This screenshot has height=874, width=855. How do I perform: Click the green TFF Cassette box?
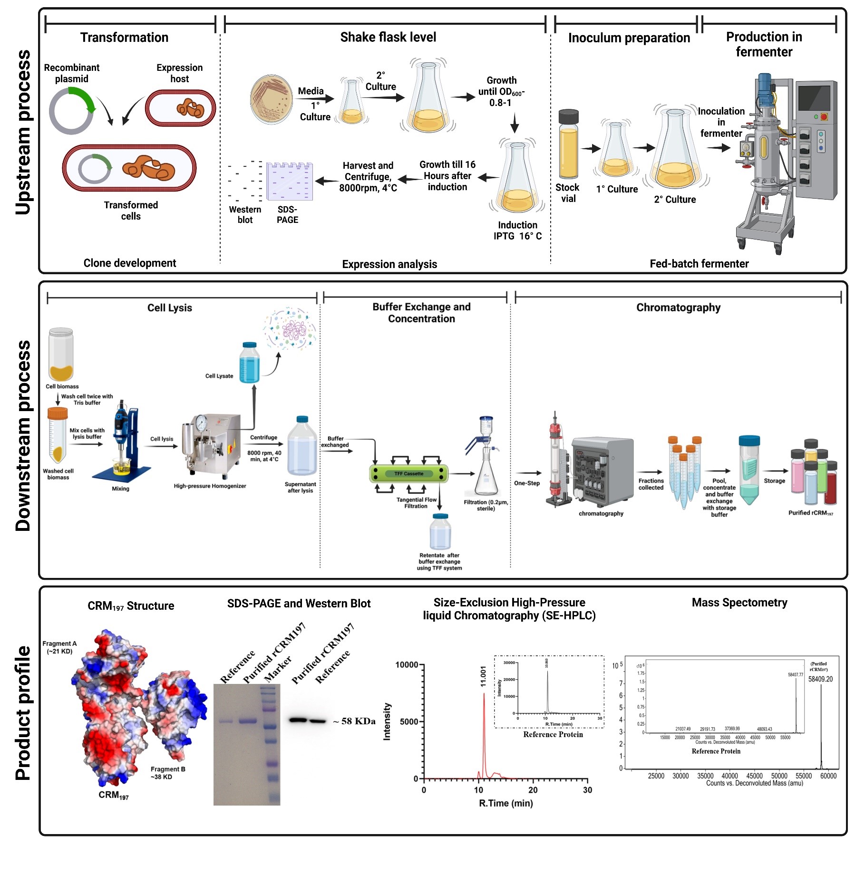(x=408, y=474)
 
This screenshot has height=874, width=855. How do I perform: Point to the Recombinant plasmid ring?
(x=72, y=111)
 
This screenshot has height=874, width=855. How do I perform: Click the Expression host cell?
(x=180, y=108)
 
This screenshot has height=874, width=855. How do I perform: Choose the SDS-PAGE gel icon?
(x=289, y=181)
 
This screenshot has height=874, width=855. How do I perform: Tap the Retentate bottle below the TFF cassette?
(x=440, y=531)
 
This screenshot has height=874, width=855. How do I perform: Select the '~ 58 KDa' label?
(x=354, y=721)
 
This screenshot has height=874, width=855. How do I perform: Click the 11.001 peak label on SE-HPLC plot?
(x=484, y=676)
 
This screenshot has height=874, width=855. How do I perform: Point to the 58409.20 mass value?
(x=820, y=679)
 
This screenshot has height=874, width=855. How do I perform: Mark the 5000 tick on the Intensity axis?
(x=409, y=721)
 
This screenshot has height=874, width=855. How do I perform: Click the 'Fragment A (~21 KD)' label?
(x=59, y=647)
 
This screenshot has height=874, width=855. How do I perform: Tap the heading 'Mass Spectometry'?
(x=739, y=603)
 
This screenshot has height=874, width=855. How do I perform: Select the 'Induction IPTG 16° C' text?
(x=517, y=231)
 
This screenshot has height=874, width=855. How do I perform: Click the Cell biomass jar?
(x=61, y=354)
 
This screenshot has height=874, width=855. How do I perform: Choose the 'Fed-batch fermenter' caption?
(x=699, y=264)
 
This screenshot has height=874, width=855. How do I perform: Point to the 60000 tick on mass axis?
(x=828, y=776)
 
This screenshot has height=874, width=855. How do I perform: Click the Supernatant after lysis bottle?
(x=301, y=447)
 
